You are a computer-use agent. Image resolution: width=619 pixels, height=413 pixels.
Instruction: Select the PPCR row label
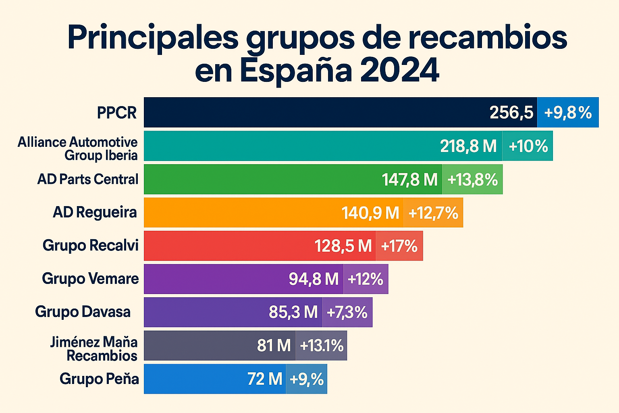click(x=117, y=113)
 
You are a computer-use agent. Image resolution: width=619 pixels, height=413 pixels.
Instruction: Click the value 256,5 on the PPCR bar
click(x=511, y=113)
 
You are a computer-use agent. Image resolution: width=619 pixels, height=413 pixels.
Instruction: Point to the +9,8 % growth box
click(x=568, y=113)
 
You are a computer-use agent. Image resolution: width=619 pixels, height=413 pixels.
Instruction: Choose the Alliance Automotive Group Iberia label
click(x=78, y=148)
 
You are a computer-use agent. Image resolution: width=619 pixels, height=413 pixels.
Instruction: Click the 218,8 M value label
click(x=468, y=146)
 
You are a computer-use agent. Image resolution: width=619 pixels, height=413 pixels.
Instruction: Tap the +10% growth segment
click(x=528, y=146)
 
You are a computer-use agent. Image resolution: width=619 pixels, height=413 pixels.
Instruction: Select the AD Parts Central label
click(x=88, y=179)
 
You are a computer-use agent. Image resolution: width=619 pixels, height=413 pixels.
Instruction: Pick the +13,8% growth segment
click(x=473, y=179)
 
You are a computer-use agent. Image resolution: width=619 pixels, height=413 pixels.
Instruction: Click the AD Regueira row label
click(x=95, y=212)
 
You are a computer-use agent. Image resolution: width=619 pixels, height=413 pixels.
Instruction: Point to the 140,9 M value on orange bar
click(x=370, y=213)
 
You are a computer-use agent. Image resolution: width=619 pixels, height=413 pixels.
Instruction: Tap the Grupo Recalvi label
click(x=91, y=245)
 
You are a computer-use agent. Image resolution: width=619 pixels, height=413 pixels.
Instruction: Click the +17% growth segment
click(x=399, y=246)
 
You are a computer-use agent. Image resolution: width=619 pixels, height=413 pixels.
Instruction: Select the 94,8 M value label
click(x=314, y=279)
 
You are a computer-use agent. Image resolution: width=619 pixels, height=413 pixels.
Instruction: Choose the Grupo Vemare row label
click(x=90, y=279)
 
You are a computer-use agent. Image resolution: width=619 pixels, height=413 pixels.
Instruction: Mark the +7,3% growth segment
click(x=347, y=312)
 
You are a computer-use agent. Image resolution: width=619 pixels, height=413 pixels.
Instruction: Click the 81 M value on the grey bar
click(x=274, y=346)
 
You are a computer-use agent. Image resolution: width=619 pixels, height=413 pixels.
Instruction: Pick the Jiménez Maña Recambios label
click(x=94, y=349)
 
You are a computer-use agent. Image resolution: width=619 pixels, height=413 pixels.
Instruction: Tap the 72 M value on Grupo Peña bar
click(x=265, y=379)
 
